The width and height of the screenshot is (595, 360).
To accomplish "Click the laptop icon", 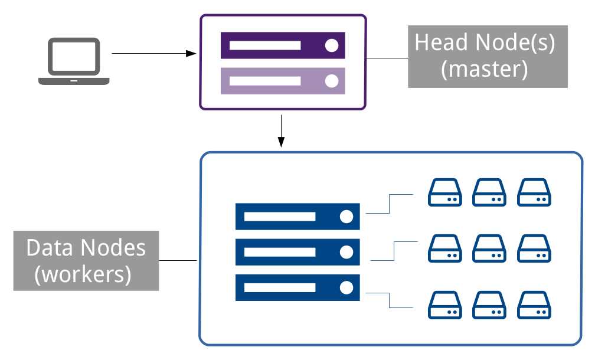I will click(x=74, y=61).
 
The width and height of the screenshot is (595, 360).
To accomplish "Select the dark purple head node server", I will click(x=282, y=45).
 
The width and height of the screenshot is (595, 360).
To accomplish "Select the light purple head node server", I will click(x=282, y=81).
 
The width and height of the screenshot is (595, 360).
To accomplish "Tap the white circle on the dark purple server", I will click(x=332, y=45).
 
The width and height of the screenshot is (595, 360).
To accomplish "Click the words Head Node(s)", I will click(x=485, y=43).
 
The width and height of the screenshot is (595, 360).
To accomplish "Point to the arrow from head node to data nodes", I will click(x=282, y=131).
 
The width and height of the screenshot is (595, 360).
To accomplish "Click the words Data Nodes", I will click(x=86, y=247).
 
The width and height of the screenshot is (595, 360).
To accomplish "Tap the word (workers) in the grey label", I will click(x=83, y=274).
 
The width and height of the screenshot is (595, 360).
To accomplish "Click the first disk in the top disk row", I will click(x=445, y=192).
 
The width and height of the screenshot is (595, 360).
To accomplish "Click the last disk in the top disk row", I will click(x=534, y=192).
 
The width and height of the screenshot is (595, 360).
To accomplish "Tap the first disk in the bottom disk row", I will click(x=445, y=306).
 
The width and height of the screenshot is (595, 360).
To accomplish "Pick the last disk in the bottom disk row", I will click(x=534, y=306).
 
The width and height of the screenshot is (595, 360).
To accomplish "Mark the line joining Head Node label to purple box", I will click(x=387, y=58).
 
